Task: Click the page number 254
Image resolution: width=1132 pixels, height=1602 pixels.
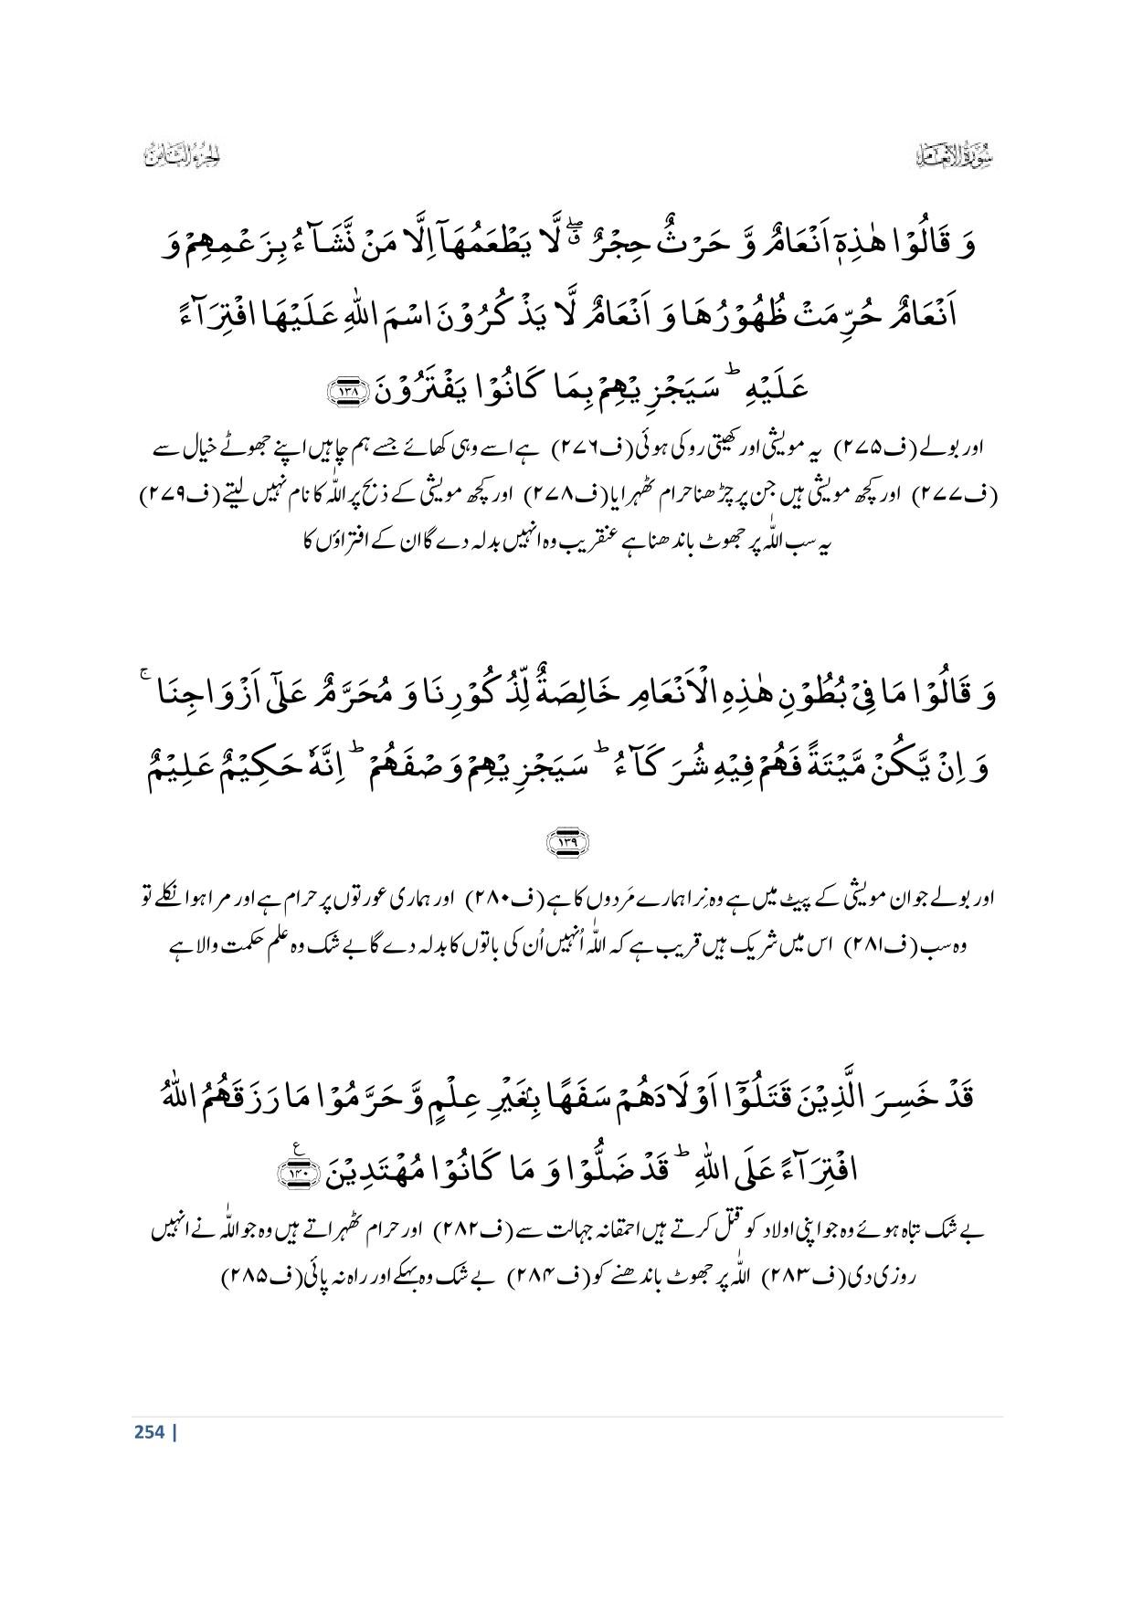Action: (x=151, y=1431)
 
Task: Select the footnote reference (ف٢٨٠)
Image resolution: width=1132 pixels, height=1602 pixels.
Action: (x=500, y=899)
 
